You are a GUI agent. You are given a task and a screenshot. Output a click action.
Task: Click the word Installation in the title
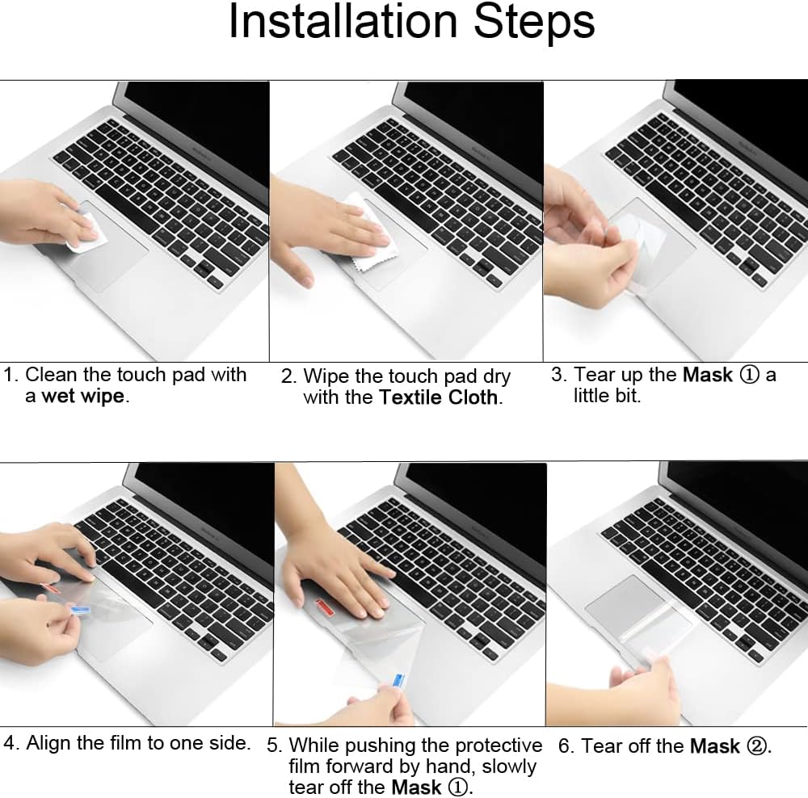pos(343,21)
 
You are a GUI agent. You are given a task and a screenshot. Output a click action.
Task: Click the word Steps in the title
pos(534,21)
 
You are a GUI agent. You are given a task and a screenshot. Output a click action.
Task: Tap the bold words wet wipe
pos(83,396)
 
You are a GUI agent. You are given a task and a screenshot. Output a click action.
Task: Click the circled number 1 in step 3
pos(749,375)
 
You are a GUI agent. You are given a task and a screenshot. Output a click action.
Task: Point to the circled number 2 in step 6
pos(756,746)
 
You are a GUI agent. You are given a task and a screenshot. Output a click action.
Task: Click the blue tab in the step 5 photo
pos(399,681)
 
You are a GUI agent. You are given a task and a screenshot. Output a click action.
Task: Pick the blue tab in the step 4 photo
pos(80,611)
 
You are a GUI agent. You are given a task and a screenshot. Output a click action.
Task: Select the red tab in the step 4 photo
pos(50,588)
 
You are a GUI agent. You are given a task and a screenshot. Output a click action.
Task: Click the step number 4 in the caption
pos(10,743)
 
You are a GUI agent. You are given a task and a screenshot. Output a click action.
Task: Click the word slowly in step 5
pos(509,767)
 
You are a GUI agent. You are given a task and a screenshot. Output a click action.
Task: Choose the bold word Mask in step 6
pos(715,746)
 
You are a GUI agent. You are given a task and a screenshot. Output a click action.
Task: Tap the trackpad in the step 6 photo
pos(638,611)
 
